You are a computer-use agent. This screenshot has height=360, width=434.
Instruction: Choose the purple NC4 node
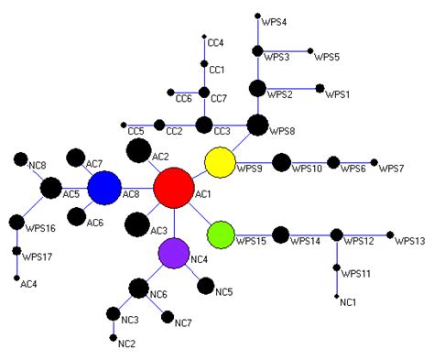coord(173,252)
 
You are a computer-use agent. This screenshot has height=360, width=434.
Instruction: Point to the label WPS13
coord(410,241)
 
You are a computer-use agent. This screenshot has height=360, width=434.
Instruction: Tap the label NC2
coord(126,344)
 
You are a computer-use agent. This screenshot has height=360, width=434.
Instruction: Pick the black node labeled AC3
coord(136,223)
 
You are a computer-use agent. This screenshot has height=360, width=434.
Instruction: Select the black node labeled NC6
coord(138,289)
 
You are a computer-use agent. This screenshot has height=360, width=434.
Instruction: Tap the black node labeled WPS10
coord(278,164)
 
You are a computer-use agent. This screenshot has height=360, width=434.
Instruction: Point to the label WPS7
coord(391,169)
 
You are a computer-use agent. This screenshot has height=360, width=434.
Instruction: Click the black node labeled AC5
coord(51,189)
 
